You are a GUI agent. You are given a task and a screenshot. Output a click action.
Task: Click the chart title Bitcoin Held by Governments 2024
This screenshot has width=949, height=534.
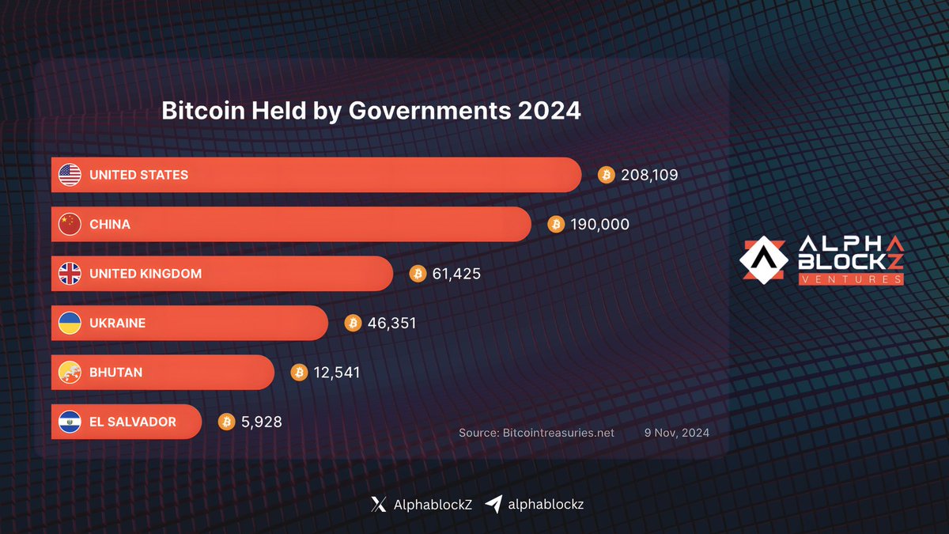(x=371, y=111)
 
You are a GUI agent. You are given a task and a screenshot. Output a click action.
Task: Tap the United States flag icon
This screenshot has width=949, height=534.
(x=70, y=175)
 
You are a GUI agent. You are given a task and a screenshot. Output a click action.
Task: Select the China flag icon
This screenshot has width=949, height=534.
(x=70, y=225)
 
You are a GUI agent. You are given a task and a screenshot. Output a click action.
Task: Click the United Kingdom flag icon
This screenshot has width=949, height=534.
(x=70, y=274)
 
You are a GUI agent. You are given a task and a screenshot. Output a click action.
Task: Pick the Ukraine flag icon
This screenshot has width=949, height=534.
(x=70, y=323)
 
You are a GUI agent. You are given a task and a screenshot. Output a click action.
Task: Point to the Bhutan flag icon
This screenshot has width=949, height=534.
(x=70, y=372)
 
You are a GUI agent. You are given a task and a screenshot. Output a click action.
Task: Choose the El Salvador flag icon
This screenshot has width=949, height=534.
(x=70, y=422)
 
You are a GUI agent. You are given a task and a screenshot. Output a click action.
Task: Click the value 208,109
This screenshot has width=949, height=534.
(x=649, y=175)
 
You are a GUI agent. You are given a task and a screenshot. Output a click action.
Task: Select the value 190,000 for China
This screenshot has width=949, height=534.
(x=599, y=225)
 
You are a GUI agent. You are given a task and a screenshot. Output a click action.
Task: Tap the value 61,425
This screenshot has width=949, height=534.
(x=457, y=274)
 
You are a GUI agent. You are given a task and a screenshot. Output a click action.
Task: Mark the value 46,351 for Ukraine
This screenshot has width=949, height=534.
(x=391, y=323)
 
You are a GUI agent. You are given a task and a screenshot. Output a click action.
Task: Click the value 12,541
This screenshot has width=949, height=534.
(x=336, y=372)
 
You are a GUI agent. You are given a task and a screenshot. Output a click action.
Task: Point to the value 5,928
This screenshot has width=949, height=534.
(x=262, y=422)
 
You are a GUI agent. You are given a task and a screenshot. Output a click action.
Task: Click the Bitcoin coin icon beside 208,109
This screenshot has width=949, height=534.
(x=606, y=175)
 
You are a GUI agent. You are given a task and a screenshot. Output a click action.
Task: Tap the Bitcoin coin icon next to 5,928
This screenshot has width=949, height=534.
(x=227, y=422)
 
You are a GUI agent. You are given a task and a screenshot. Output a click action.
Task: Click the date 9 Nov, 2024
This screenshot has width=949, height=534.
(x=675, y=433)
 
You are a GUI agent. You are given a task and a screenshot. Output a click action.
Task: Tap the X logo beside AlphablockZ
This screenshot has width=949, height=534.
(x=378, y=504)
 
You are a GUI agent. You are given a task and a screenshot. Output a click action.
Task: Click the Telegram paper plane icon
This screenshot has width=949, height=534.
(x=493, y=504)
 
